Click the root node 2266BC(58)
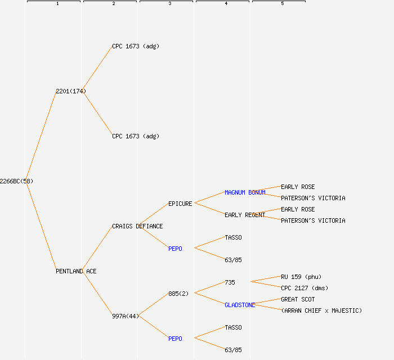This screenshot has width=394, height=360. point(16,181)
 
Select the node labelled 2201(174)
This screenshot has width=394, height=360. point(71,91)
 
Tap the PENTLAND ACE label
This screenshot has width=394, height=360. point(76,271)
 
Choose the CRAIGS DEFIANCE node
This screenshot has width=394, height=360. point(137,226)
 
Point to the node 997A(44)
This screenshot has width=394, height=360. point(125,316)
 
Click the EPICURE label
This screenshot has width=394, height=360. point(180,204)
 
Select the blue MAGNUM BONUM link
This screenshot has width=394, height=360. point(245,192)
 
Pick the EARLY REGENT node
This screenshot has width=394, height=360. point(245,215)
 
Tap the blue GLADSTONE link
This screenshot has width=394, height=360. point(240,305)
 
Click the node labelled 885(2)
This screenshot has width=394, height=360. point(178,294)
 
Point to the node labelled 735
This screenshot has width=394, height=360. point(230,282)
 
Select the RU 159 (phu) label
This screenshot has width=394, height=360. point(301,277)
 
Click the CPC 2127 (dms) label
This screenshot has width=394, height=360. point(305,288)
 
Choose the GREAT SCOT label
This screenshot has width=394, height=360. point(298,299)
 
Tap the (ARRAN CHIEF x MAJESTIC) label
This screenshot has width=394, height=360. point(321,310)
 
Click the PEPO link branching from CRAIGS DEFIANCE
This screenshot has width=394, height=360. point(175,249)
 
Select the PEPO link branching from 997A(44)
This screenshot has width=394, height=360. point(175,339)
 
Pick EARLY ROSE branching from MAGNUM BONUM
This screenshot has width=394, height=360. point(298,187)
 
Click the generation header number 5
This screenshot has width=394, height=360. point(283,4)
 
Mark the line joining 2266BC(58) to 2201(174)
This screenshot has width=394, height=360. point(41,136)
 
